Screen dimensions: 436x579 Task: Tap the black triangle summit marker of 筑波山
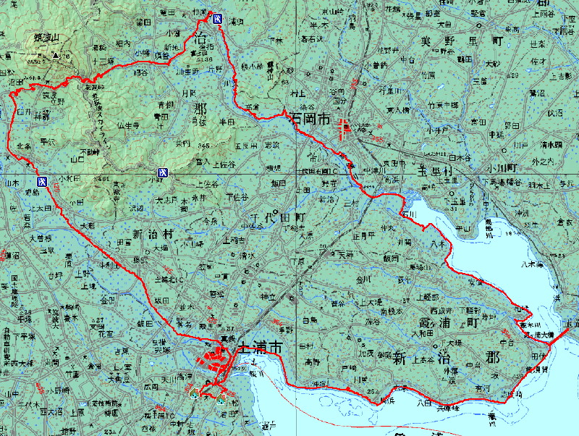(55, 54)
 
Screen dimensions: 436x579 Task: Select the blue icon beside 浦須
(218, 17)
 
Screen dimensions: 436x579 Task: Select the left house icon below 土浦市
(194, 395)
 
